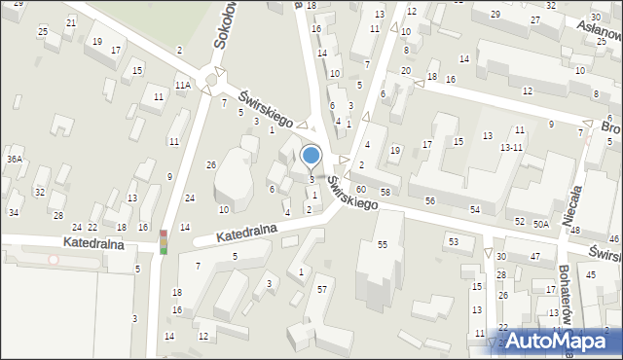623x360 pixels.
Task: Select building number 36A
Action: click(x=14, y=159)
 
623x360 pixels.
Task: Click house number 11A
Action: click(x=182, y=86)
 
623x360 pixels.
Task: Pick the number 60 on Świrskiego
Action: click(x=360, y=189)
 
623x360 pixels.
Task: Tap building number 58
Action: click(x=385, y=193)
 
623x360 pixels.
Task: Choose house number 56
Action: click(x=429, y=200)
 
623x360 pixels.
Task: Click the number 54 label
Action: click(x=474, y=210)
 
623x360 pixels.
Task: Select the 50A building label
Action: click(x=541, y=224)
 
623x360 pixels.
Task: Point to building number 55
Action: click(x=383, y=245)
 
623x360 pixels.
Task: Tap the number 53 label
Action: click(x=453, y=240)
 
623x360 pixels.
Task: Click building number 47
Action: click(x=535, y=256)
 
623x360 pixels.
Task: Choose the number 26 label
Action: click(x=210, y=164)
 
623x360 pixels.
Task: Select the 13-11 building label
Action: click(x=512, y=147)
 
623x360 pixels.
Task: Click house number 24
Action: click(x=190, y=198)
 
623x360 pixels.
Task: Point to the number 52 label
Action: click(x=519, y=222)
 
